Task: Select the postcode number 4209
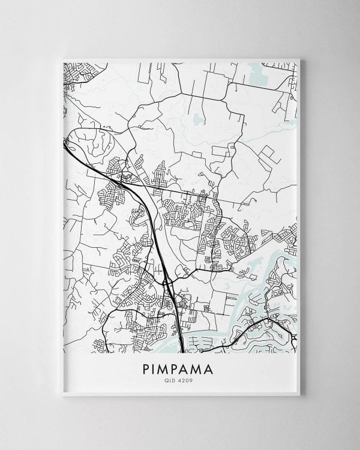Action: pyautogui.click(x=187, y=379)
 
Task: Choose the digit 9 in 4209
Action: pyautogui.click(x=192, y=379)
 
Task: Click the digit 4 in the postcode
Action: pyautogui.click(x=181, y=379)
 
